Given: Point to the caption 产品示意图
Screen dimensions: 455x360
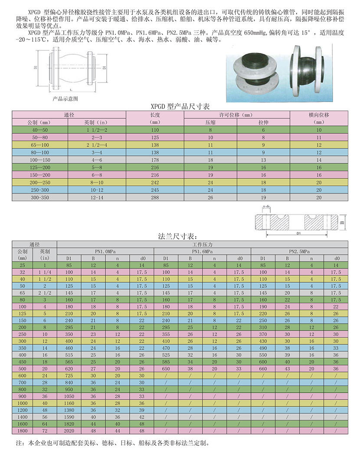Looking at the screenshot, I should pyautogui.click(x=65, y=99).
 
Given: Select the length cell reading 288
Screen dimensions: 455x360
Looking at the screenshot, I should pyautogui.click(x=155, y=197).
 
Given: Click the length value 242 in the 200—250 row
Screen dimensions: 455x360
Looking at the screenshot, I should pyautogui.click(x=155, y=183).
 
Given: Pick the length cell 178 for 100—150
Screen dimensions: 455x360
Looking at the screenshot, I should pyautogui.click(x=155, y=160).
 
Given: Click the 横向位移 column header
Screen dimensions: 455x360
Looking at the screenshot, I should pyautogui.click(x=319, y=115).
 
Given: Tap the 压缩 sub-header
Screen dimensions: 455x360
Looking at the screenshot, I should pyautogui.click(x=210, y=122).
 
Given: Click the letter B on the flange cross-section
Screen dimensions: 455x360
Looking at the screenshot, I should pyautogui.click(x=342, y=222).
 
